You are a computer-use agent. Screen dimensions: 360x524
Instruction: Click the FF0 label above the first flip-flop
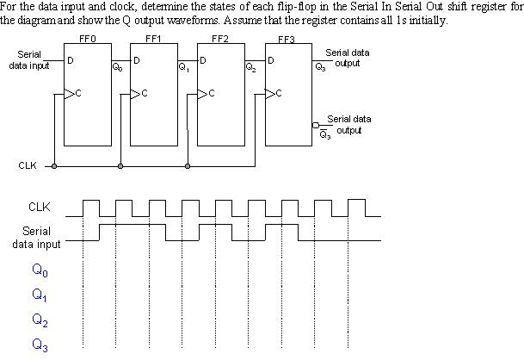(x=87, y=39)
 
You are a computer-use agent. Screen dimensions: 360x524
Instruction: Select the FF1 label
(x=153, y=39)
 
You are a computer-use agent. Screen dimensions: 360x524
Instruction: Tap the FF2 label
(x=219, y=39)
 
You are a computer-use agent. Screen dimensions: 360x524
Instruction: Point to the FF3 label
(x=287, y=39)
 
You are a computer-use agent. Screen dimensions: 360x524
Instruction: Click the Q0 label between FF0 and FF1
(x=117, y=66)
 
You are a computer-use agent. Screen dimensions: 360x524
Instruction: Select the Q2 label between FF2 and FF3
(x=250, y=66)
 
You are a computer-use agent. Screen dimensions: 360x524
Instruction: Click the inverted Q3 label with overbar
(x=324, y=134)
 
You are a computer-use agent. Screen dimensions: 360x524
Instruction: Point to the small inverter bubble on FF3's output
(x=316, y=127)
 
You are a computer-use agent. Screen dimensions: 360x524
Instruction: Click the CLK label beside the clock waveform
(x=39, y=207)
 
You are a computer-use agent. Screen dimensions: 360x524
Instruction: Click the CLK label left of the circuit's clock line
(x=27, y=165)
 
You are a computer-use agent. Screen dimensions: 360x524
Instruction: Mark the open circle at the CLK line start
(x=54, y=165)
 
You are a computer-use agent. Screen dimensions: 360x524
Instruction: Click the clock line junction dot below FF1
(x=120, y=165)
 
